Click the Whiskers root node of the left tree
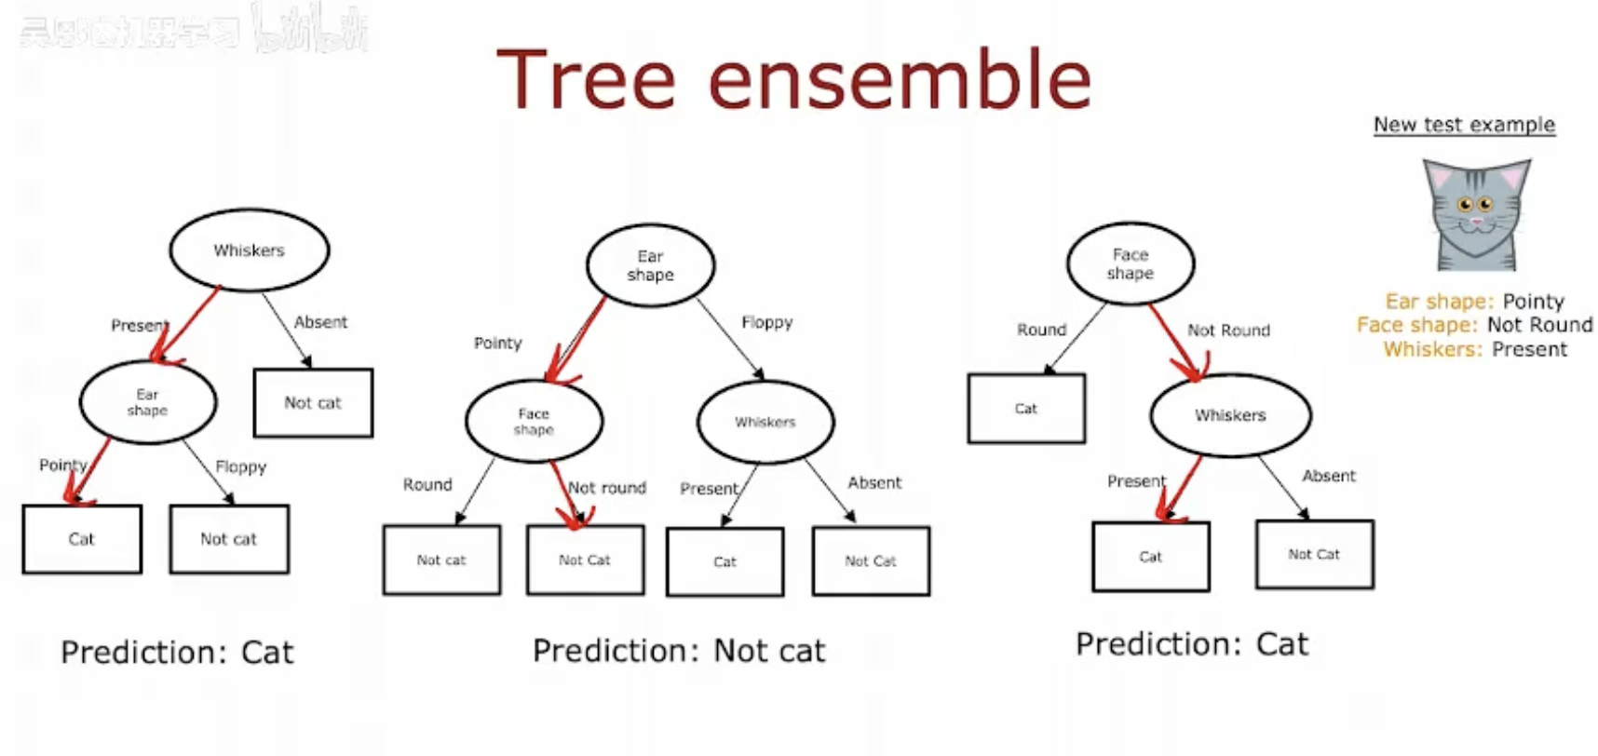[x=249, y=250]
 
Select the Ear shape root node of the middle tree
[x=650, y=265]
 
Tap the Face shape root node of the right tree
[x=1130, y=263]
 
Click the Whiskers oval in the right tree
[x=1230, y=415]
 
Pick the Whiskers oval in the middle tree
[x=765, y=422]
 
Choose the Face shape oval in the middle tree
[x=534, y=422]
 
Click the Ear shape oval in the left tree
[x=148, y=402]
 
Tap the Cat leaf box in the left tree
[x=82, y=539]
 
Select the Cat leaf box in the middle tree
[x=725, y=561]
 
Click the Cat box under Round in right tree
[x=1026, y=409]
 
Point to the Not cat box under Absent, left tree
[x=313, y=403]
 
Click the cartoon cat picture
[x=1476, y=214]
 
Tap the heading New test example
[x=1464, y=125]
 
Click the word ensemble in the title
[x=899, y=81]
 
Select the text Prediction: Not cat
[x=679, y=651]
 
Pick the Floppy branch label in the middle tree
[x=766, y=322]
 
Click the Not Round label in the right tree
[x=1228, y=330]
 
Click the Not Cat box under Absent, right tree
[x=1314, y=555]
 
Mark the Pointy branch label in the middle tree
[x=497, y=344]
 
